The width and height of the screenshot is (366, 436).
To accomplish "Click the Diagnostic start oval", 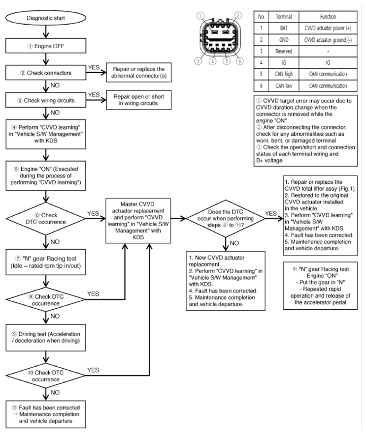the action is [x=46, y=18].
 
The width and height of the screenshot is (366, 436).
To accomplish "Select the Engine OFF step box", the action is [x=46, y=46].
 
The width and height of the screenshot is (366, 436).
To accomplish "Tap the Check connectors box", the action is [x=46, y=73].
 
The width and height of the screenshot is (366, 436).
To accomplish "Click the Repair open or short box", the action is [x=139, y=100].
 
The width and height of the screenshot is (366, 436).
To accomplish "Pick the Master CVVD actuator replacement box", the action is [x=138, y=221].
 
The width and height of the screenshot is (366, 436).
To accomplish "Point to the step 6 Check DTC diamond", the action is [x=46, y=219].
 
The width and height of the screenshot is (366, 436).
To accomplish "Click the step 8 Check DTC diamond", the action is [x=46, y=300].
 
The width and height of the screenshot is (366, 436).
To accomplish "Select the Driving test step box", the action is [x=46, y=337].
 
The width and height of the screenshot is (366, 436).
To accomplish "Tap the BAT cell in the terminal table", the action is [x=284, y=28].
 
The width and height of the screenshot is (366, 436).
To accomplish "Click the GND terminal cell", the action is [x=284, y=40].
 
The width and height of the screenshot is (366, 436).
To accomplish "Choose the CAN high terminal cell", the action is [x=284, y=74].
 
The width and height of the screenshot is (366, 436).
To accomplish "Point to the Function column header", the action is [x=328, y=17].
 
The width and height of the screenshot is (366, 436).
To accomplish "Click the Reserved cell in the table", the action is [x=284, y=51].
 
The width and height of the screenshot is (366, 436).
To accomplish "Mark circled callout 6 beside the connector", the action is [x=239, y=61].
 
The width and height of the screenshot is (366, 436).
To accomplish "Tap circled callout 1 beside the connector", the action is [x=200, y=16].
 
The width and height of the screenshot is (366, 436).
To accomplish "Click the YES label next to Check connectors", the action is [x=94, y=67].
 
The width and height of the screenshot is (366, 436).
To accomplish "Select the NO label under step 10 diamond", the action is [x=55, y=392].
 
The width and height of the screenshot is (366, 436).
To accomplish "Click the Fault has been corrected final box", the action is [x=46, y=414].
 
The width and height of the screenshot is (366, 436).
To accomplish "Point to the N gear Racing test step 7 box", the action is [x=46, y=262].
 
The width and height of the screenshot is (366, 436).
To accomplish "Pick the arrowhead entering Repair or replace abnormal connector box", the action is [x=104, y=73].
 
